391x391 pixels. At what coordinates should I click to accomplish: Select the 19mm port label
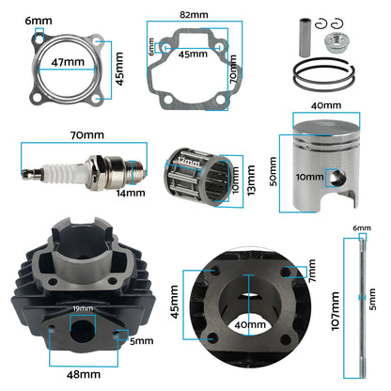pos(82,308)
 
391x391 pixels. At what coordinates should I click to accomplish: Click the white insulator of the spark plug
pos(68,171)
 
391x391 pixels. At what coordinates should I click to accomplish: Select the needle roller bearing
pos(196,174)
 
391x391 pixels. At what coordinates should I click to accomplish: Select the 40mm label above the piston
pos(326,106)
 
